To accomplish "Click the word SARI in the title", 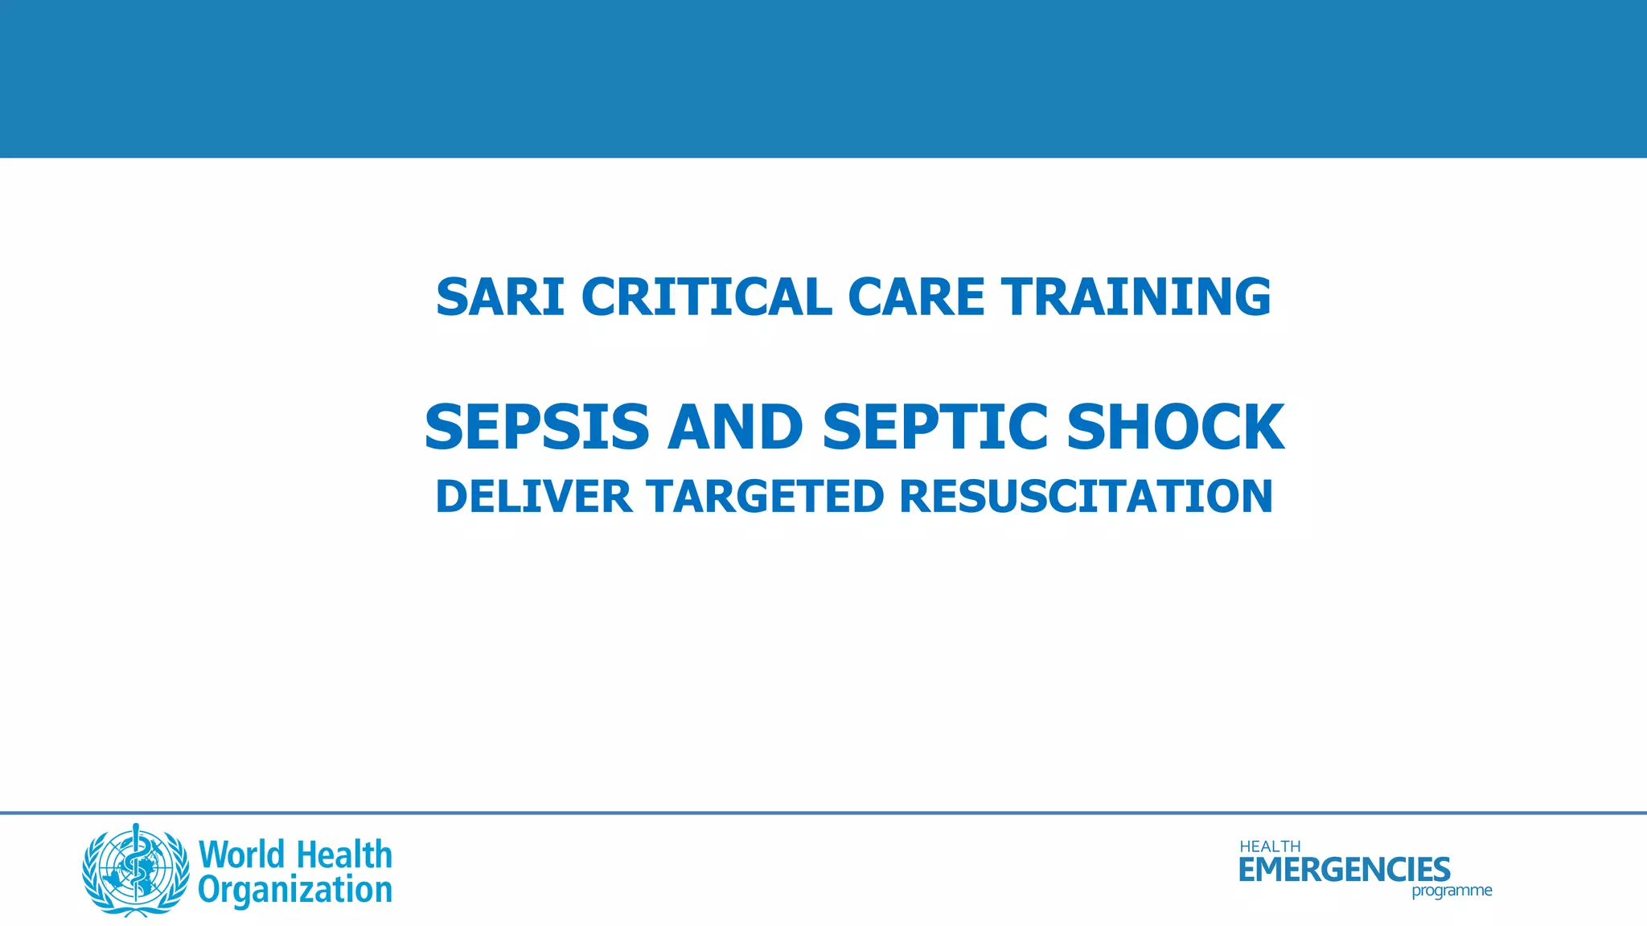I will pos(499,297).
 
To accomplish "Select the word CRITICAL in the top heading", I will pos(706,297).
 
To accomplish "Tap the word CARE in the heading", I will pos(916,297).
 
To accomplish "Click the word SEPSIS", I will pos(536,427).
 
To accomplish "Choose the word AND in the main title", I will pos(735,427).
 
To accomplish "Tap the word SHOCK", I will pos(1176,427).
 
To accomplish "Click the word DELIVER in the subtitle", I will pos(534,496).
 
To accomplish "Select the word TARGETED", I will pos(766,496).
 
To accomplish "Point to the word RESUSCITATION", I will pos(1086,496).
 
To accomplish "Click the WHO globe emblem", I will pos(136,870).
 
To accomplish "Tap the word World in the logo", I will pos(241,854).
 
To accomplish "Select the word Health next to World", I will pos(344,854).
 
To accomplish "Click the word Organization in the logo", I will pos(295,891).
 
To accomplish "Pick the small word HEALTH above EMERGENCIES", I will pos(1270,846).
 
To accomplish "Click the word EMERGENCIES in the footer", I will pos(1344,870).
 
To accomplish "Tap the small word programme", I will pos(1452,891).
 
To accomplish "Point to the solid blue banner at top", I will pos(823,79).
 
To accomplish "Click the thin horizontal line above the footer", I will pos(823,813).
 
